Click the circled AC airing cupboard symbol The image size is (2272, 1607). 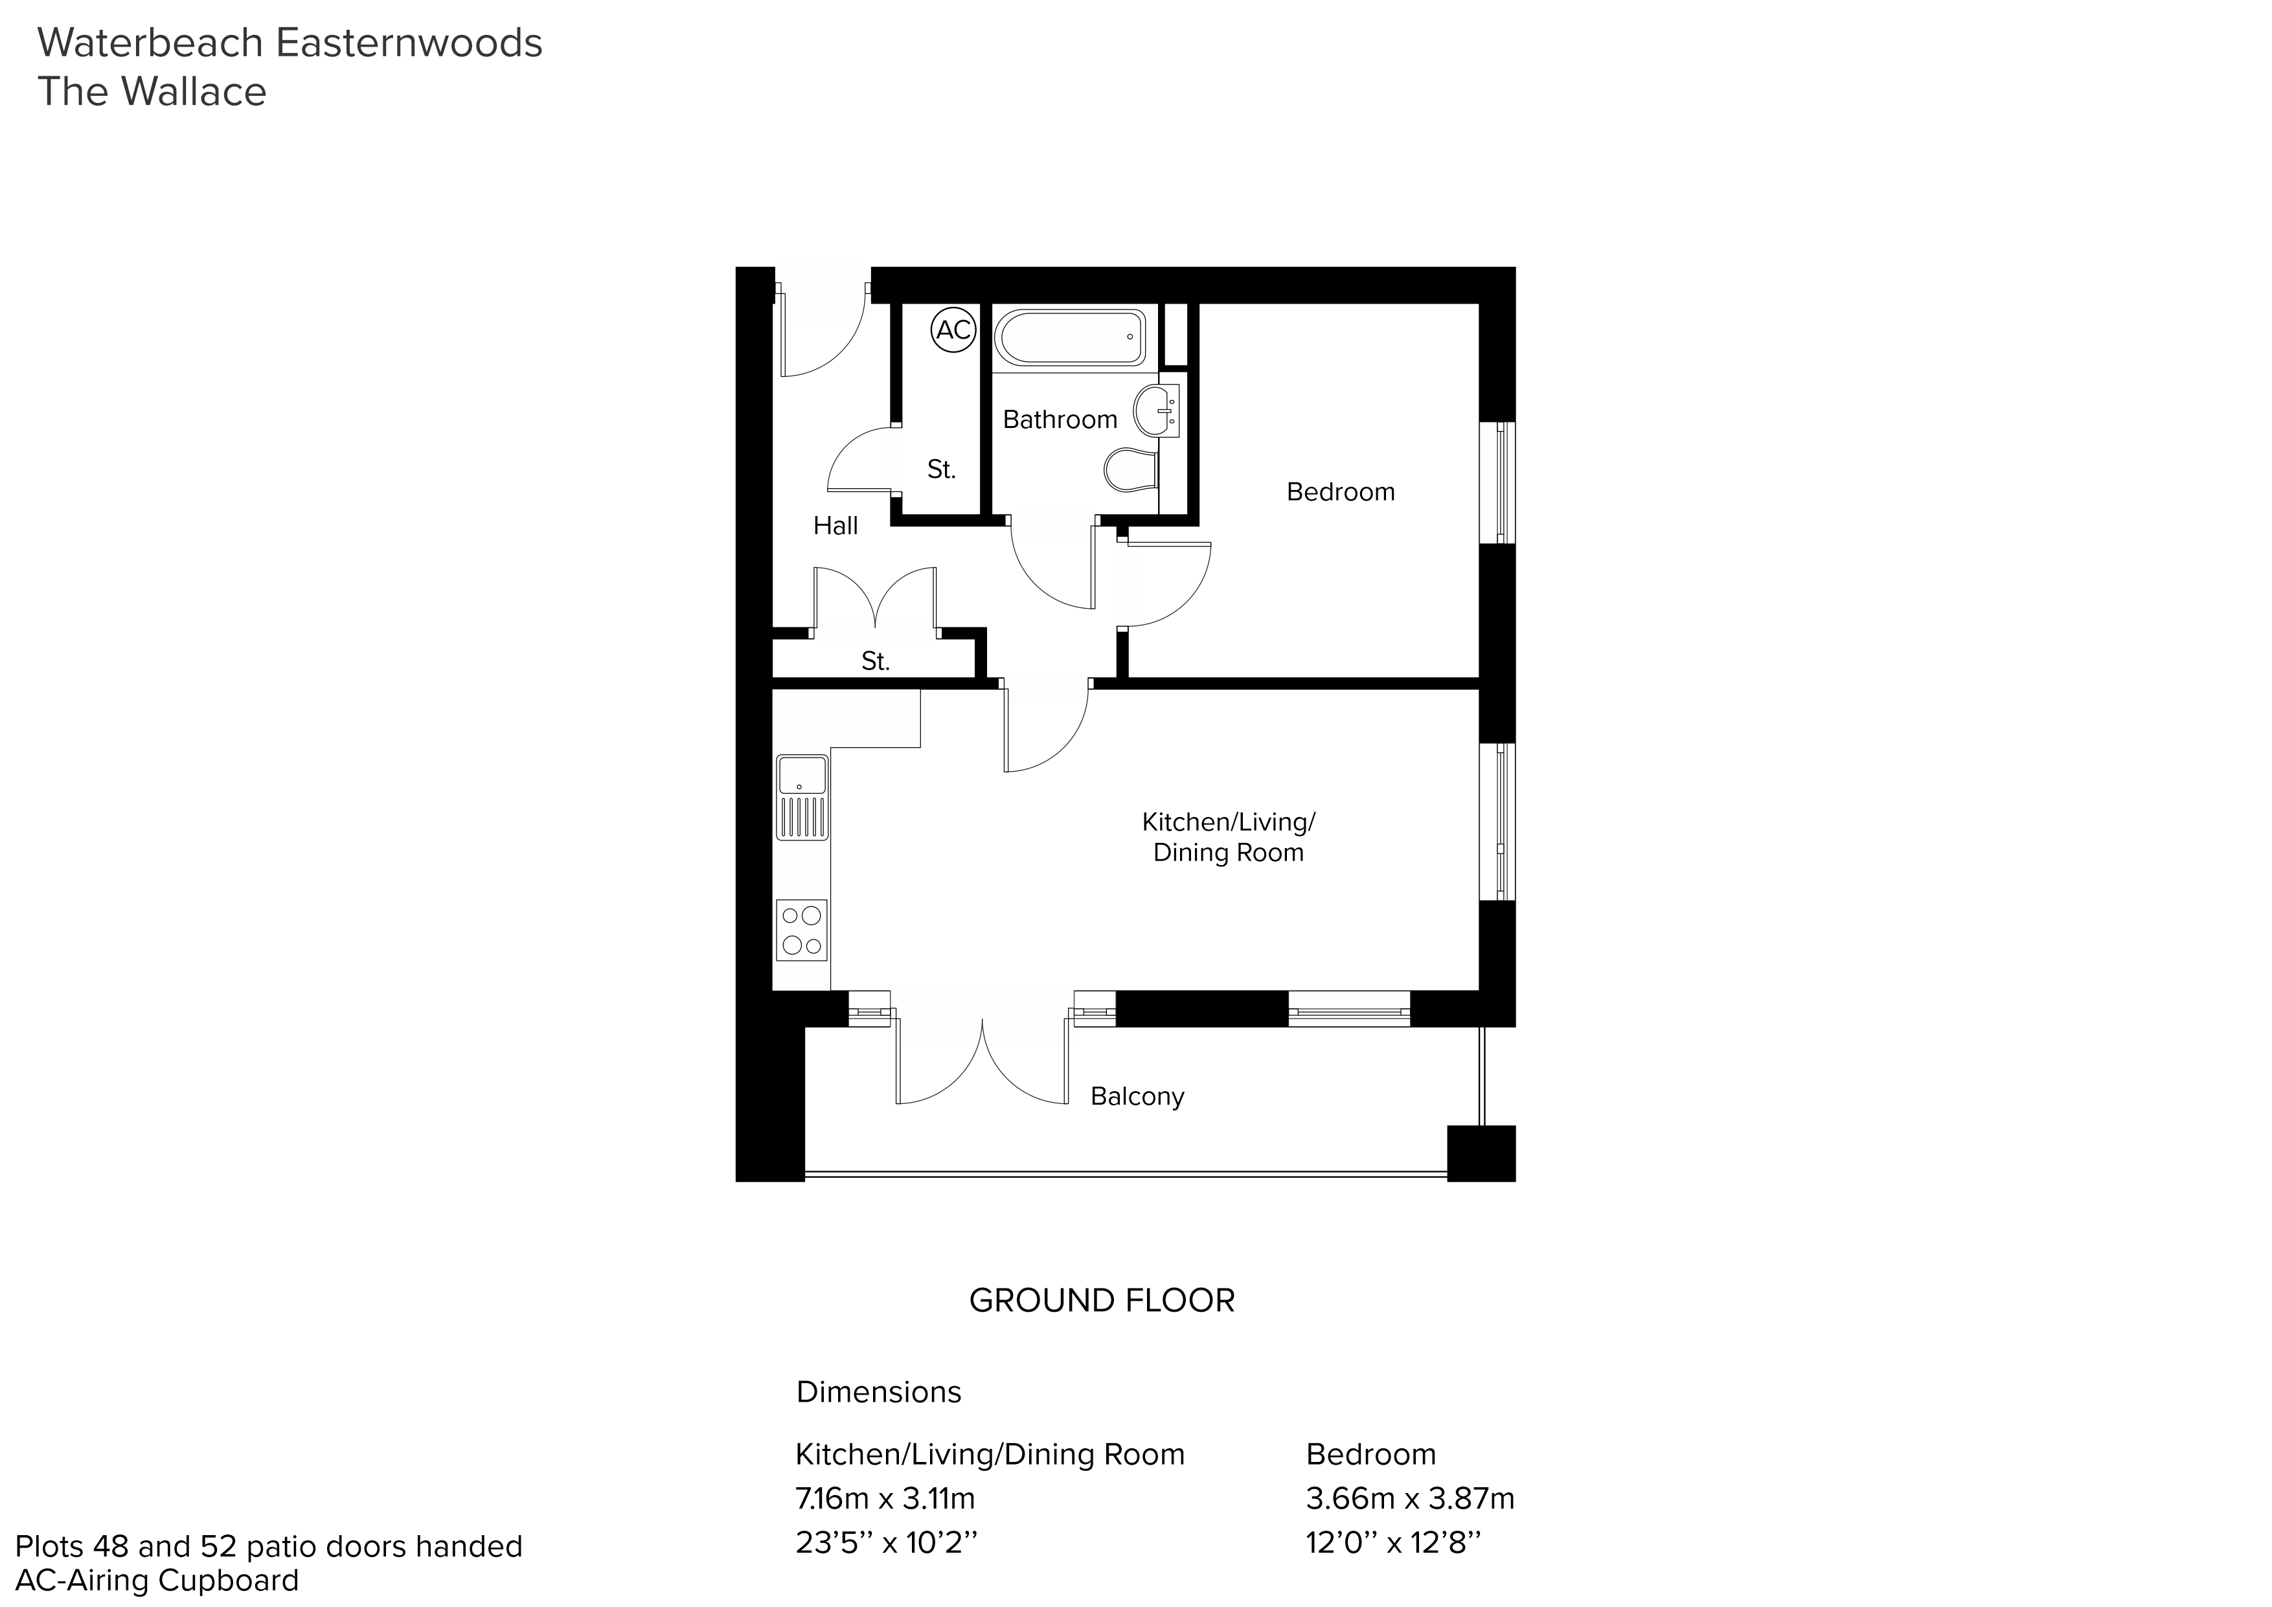pyautogui.click(x=954, y=330)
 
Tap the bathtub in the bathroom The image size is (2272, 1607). pyautogui.click(x=1071, y=339)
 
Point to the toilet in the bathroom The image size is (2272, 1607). pyautogui.click(x=1130, y=471)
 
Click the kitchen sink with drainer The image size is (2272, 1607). pyautogui.click(x=802, y=798)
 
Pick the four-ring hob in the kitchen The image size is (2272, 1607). pyautogui.click(x=802, y=930)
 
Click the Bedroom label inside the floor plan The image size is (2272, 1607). pyautogui.click(x=1341, y=492)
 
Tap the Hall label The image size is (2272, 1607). pyautogui.click(x=835, y=526)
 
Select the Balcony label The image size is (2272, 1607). pyautogui.click(x=1137, y=1096)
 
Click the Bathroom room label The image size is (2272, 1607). pyautogui.click(x=1060, y=420)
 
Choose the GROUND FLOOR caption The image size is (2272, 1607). pyautogui.click(x=1102, y=1300)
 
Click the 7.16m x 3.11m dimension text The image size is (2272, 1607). pyautogui.click(x=885, y=1498)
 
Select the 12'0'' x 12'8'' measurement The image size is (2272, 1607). pyautogui.click(x=1394, y=1542)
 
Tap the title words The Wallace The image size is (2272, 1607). pyautogui.click(x=152, y=92)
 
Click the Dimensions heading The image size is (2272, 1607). pyautogui.click(x=879, y=1392)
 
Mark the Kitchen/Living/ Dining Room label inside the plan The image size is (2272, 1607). pyautogui.click(x=1229, y=837)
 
